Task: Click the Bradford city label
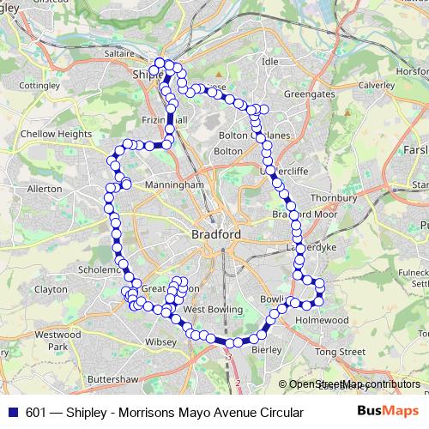216,233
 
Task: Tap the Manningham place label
175,184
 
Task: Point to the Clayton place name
51,290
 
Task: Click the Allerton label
45,188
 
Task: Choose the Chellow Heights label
56,134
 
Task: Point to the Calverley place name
376,85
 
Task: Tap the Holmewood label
323,320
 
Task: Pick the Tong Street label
340,352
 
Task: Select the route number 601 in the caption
36,413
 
